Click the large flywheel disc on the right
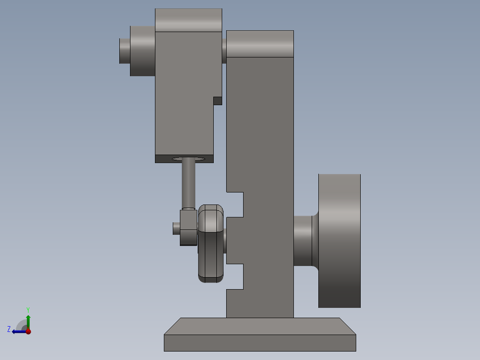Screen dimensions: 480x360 pyautogui.click(x=339, y=241)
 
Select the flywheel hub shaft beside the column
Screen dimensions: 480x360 pyautogui.click(x=303, y=241)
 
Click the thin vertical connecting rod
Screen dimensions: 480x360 pyautogui.click(x=189, y=183)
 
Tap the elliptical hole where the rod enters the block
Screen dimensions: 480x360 pyautogui.click(x=189, y=159)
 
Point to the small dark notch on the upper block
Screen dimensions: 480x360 pyautogui.click(x=218, y=101)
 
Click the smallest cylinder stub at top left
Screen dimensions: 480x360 pyautogui.click(x=125, y=51)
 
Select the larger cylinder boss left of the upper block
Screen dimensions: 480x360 pyautogui.click(x=142, y=51)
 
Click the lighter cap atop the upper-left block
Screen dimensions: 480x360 pyautogui.click(x=189, y=20)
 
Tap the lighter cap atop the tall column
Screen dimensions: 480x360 pyautogui.click(x=260, y=44)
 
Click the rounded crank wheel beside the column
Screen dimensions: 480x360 pyautogui.click(x=211, y=244)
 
